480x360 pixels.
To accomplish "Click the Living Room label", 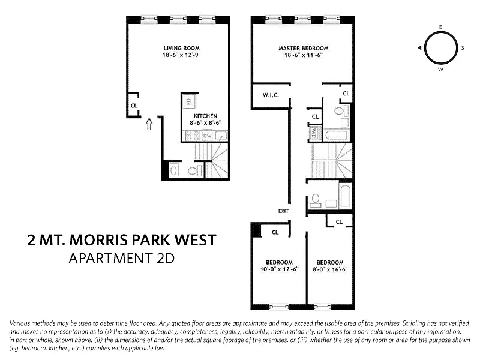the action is tap(182, 49).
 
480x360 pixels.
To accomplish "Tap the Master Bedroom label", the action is tap(304, 49).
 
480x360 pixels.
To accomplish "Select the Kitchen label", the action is tap(205, 116).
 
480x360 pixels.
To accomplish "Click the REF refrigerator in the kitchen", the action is tap(188, 100).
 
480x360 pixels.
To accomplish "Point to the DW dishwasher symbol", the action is tap(208, 136).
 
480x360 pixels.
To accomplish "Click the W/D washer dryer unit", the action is tap(314, 133).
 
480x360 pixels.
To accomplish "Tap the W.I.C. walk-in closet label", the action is tap(271, 95).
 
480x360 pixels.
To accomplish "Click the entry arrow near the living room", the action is tap(149, 124).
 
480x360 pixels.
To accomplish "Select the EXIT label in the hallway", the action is tap(283, 211).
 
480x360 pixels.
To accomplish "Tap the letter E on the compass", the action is tap(440, 27).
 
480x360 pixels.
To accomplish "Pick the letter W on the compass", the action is tap(440, 70).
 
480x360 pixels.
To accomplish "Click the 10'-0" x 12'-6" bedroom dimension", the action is tap(279, 269).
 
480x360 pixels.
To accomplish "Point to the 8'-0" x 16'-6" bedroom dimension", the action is tap(330, 269).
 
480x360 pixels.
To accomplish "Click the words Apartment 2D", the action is tap(122, 259).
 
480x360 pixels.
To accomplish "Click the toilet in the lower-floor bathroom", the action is tap(192, 171).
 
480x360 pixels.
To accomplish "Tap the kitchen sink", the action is tap(221, 136).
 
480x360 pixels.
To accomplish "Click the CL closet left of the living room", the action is tap(134, 106).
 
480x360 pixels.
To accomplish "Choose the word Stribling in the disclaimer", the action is tap(414, 323).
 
